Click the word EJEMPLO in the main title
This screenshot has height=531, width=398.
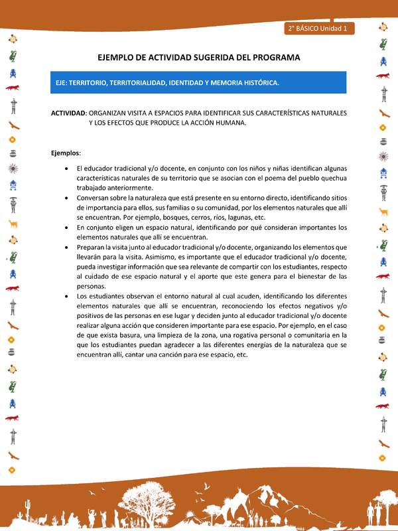[x=119, y=58]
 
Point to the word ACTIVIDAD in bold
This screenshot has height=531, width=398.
[x=68, y=113]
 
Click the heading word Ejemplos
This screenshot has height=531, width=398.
[x=65, y=153]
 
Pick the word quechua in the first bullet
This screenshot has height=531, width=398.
[x=332, y=178]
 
